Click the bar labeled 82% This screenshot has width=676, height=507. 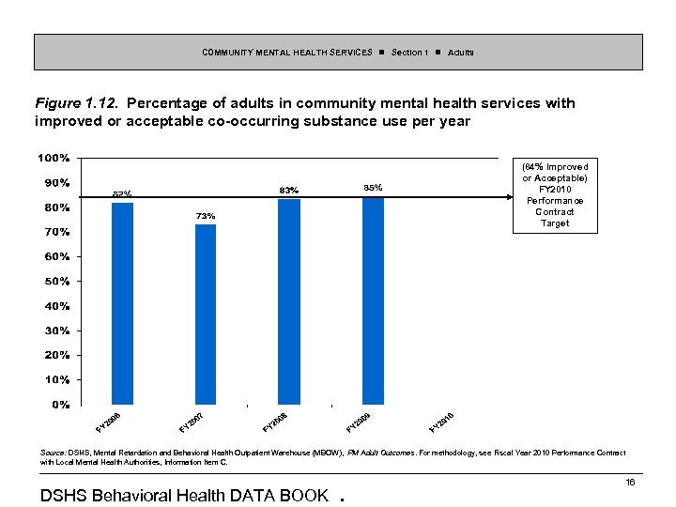(122, 303)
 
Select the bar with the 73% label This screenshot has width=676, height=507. (206, 314)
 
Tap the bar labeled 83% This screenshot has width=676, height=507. (289, 301)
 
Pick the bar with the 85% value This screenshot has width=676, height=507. (373, 300)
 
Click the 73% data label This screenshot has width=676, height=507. (206, 217)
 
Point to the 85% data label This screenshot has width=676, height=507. (372, 188)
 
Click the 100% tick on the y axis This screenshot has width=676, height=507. (53, 157)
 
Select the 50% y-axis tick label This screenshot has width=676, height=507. (56, 281)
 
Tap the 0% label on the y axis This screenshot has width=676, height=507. (60, 405)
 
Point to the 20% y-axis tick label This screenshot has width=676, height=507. (56, 355)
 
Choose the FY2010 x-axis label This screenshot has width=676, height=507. (442, 422)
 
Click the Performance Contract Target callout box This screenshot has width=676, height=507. (555, 195)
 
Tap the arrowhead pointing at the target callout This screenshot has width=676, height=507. (505, 196)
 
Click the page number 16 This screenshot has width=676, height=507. (631, 482)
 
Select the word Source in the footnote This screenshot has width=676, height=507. (52, 453)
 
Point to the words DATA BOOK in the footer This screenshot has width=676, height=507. (282, 495)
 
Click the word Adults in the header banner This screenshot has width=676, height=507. (461, 52)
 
